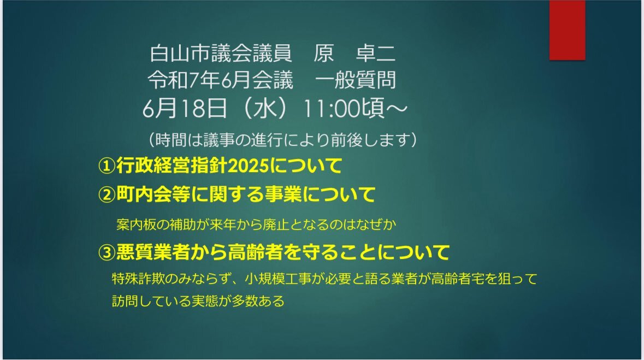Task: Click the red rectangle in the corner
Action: [567, 30]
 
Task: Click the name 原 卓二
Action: [355, 54]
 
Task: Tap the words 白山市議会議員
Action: [221, 54]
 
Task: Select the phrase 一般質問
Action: [356, 80]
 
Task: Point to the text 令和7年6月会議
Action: [221, 80]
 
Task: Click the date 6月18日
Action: [185, 109]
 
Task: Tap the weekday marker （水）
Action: [264, 109]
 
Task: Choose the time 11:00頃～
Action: [355, 109]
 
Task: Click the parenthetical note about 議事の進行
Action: [282, 140]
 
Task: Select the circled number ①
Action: [107, 166]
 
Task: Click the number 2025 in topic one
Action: [247, 166]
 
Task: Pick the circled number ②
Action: [107, 195]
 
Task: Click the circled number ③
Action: [107, 252]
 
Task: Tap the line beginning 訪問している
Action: [198, 301]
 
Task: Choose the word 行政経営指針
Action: [172, 166]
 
